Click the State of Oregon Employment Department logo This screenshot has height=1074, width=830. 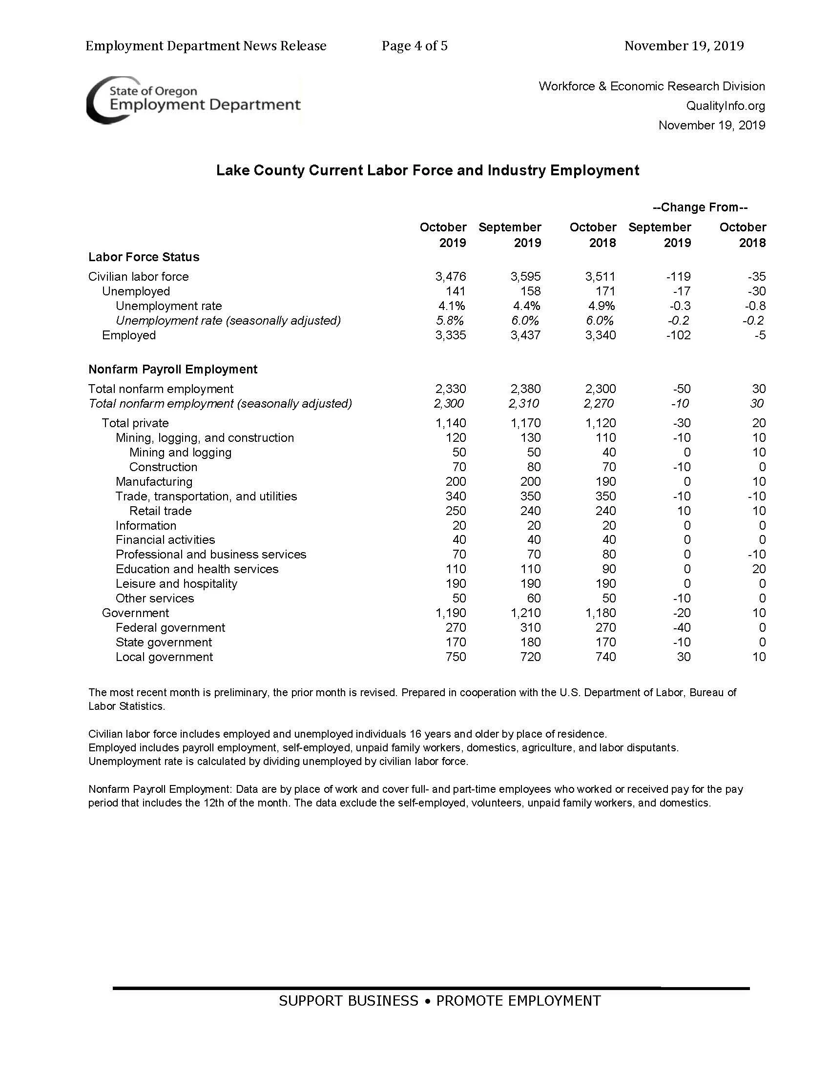[193, 99]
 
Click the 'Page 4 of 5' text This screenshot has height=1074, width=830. [414, 46]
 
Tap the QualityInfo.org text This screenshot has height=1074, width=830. [725, 106]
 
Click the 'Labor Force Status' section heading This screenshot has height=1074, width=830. [144, 257]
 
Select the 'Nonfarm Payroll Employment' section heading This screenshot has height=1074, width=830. [172, 370]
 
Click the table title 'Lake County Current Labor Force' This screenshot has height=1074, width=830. [427, 171]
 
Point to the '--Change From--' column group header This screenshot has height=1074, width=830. [700, 207]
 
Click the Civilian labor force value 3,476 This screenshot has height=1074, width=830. [451, 277]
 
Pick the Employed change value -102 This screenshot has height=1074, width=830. [678, 335]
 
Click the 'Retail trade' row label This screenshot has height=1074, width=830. [160, 511]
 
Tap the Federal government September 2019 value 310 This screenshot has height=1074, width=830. [530, 628]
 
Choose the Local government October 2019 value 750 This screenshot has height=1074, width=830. [456, 657]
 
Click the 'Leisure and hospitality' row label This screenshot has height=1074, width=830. [176, 584]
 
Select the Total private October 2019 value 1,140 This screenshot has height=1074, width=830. [451, 423]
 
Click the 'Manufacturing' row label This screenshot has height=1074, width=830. [154, 482]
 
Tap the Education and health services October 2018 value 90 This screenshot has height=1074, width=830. [609, 569]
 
